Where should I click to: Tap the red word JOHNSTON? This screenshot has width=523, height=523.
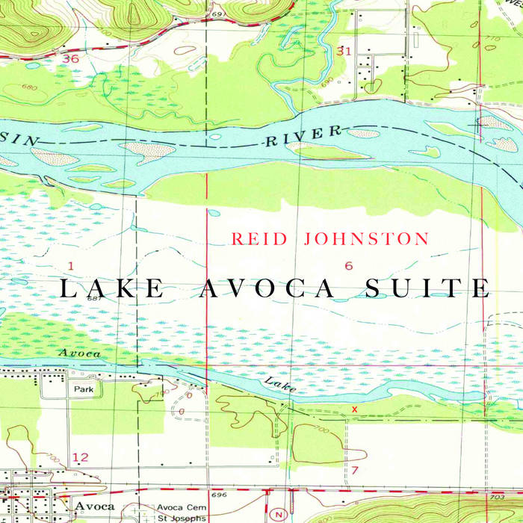pos(366,239)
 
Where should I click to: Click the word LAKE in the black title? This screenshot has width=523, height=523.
pos(113,288)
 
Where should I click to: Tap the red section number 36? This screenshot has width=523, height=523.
pos(71,58)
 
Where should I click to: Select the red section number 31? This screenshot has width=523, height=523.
pos(344,51)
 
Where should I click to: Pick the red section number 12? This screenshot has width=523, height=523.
pos(80,457)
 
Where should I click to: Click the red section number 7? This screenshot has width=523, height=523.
pos(355,470)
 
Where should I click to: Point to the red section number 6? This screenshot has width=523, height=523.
pos(348,266)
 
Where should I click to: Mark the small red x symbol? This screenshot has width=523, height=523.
pos(354,409)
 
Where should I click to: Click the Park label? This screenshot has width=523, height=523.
pos(83,389)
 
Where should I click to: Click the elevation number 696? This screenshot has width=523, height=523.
pos(218,495)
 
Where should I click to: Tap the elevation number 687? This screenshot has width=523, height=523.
pos(93,299)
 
